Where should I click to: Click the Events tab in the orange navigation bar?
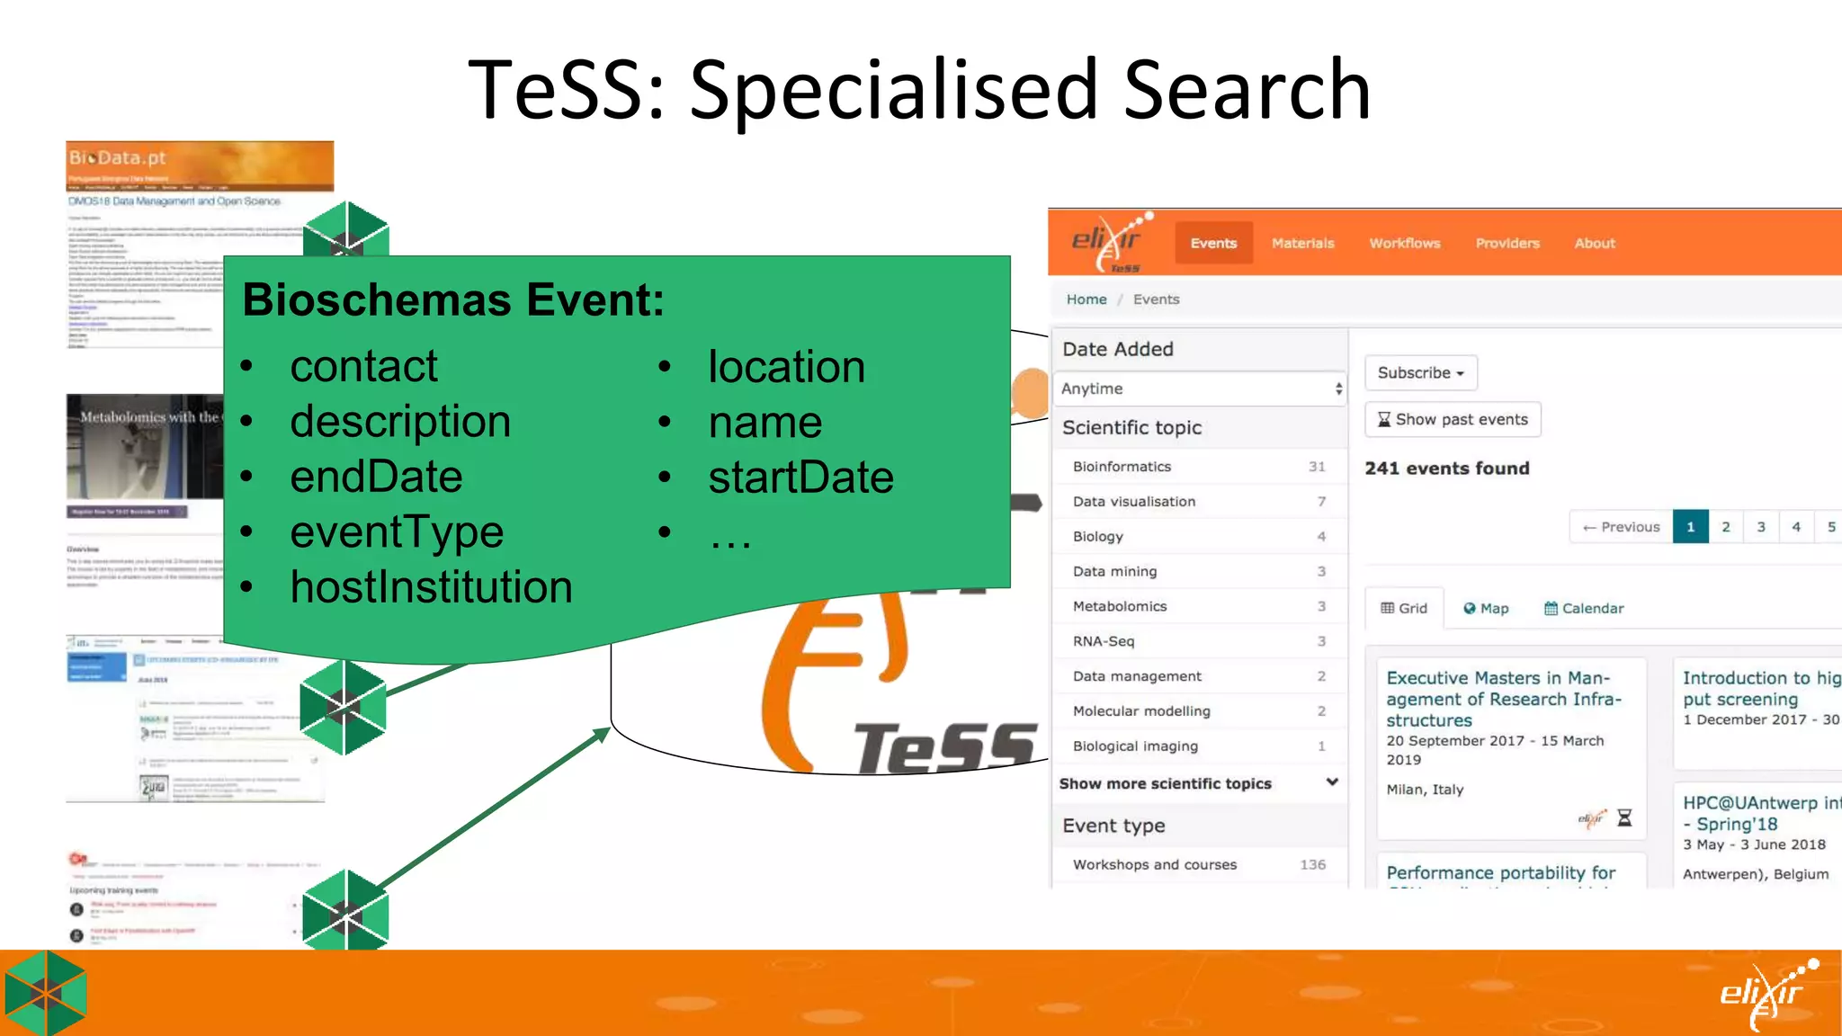(1213, 243)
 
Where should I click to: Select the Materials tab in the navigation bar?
(1302, 243)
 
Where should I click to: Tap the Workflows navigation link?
(1404, 243)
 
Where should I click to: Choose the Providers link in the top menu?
(1507, 243)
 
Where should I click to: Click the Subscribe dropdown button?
(1420, 372)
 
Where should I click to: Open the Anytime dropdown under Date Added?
(1200, 388)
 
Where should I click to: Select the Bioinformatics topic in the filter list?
(1122, 467)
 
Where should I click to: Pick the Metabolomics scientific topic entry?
(1120, 606)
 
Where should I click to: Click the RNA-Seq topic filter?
(1104, 641)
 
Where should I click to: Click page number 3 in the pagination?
(1761, 527)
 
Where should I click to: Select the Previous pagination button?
(1622, 527)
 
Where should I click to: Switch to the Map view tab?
(1486, 608)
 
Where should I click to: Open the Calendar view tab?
(1584, 608)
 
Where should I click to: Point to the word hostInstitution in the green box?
(431, 587)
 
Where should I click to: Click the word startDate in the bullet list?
(800, 477)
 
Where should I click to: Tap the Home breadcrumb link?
(1086, 299)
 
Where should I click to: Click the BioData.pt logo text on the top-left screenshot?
(118, 157)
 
